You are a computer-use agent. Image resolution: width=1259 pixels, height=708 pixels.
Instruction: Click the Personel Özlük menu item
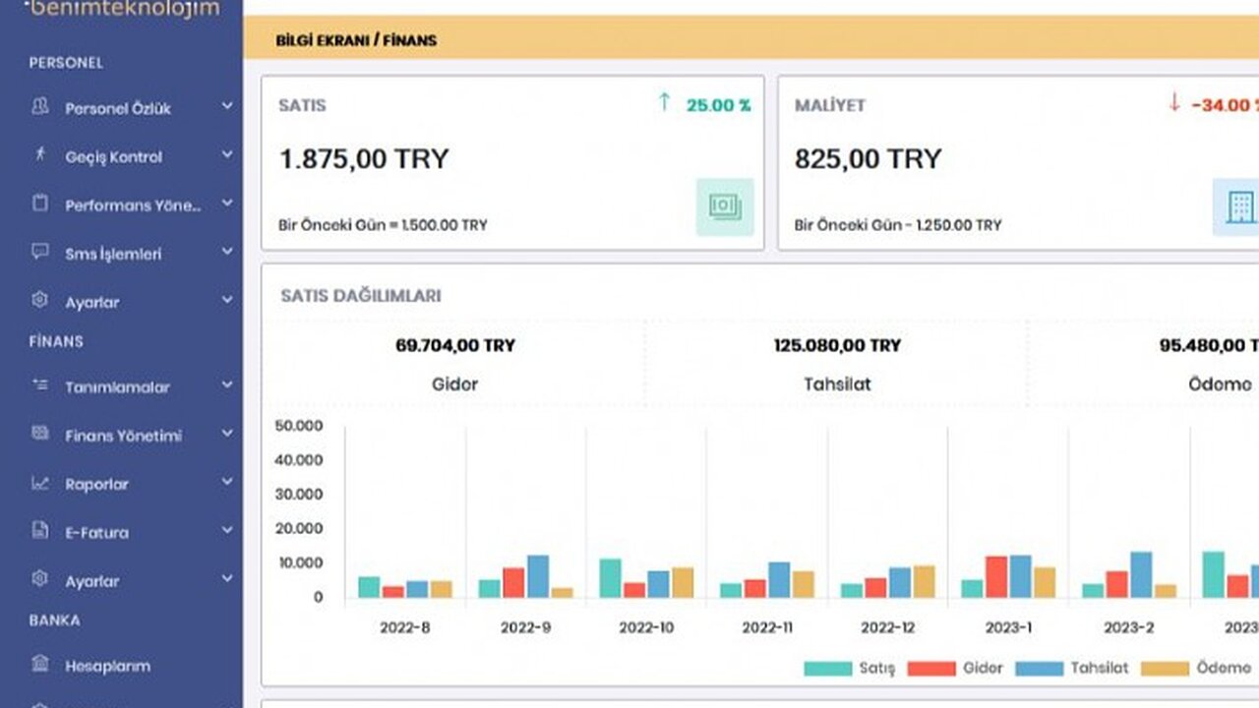pyautogui.click(x=118, y=108)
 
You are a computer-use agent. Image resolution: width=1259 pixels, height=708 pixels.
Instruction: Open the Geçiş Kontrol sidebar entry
pyautogui.click(x=113, y=156)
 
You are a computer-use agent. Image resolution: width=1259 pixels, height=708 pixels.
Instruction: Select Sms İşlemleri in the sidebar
pyautogui.click(x=113, y=254)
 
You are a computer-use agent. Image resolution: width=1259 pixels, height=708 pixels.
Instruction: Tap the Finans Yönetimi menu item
pyautogui.click(x=123, y=435)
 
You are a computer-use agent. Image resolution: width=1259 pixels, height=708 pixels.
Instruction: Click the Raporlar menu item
pyautogui.click(x=96, y=484)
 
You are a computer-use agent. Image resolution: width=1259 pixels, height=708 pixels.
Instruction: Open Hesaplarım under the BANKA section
pyautogui.click(x=107, y=666)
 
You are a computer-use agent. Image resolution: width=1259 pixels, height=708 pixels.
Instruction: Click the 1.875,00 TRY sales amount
pyautogui.click(x=364, y=159)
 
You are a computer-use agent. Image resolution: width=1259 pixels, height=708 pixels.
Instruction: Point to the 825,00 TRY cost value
pyautogui.click(x=868, y=158)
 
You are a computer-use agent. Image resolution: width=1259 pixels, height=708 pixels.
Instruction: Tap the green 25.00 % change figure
pyautogui.click(x=718, y=104)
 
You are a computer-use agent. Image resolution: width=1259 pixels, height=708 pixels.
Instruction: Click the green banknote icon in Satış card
pyautogui.click(x=725, y=206)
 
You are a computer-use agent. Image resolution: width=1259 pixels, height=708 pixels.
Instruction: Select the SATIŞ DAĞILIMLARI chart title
pyautogui.click(x=361, y=296)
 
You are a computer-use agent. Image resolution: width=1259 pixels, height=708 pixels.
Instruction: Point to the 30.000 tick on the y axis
pyautogui.click(x=301, y=494)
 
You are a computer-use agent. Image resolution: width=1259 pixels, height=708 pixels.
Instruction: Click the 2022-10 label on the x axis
pyautogui.click(x=646, y=626)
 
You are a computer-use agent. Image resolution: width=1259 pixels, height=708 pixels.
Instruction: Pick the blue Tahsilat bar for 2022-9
pyautogui.click(x=538, y=577)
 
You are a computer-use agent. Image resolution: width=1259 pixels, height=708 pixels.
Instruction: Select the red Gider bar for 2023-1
pyautogui.click(x=996, y=577)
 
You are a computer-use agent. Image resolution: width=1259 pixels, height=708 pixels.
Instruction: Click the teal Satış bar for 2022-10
pyautogui.click(x=611, y=578)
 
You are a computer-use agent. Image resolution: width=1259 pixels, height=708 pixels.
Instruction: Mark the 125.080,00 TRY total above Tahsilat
pyautogui.click(x=837, y=345)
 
